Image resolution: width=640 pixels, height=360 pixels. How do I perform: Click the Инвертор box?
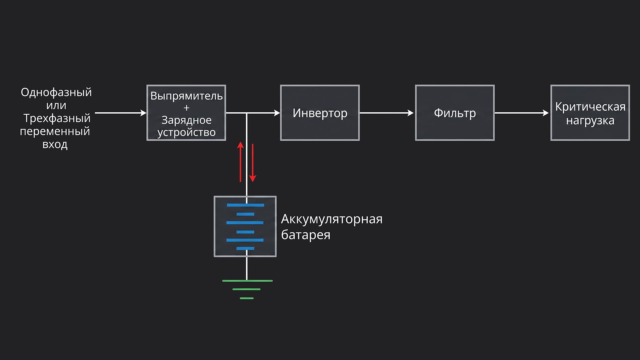pos(320,113)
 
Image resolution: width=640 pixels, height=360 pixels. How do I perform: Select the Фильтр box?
pos(455,113)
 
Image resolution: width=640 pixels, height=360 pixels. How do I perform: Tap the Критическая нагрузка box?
pos(590,113)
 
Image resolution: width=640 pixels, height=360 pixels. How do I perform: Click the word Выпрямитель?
pos(186,96)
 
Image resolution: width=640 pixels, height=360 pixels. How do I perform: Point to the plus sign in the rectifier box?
pos(186,108)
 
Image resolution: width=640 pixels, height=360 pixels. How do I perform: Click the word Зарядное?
pos(186,120)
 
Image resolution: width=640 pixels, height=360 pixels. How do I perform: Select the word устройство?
pos(186,132)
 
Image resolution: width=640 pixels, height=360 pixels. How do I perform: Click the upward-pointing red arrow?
pos(240,162)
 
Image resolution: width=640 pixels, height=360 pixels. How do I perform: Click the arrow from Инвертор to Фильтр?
pos(387,113)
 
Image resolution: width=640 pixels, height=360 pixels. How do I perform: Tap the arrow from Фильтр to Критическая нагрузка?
pos(522,113)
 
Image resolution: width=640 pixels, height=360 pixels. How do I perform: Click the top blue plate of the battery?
pos(245,205)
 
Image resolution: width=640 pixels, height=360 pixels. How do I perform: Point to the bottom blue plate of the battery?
pos(245,248)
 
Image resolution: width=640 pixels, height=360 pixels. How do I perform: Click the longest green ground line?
pos(247,281)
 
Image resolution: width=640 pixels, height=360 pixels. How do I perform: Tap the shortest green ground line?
pos(247,298)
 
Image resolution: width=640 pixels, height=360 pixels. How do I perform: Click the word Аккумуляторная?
pos(332,219)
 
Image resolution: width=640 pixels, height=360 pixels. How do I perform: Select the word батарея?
pos(306,235)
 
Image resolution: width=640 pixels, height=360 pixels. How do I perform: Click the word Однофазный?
pos(56,92)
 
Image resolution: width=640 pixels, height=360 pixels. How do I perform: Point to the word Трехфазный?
pos(57,118)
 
